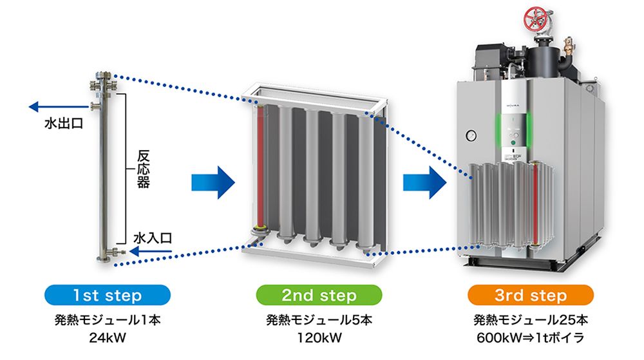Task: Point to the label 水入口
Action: (x=152, y=238)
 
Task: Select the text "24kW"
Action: (x=107, y=336)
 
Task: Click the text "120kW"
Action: (x=319, y=336)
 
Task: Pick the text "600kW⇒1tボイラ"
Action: (x=530, y=336)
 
